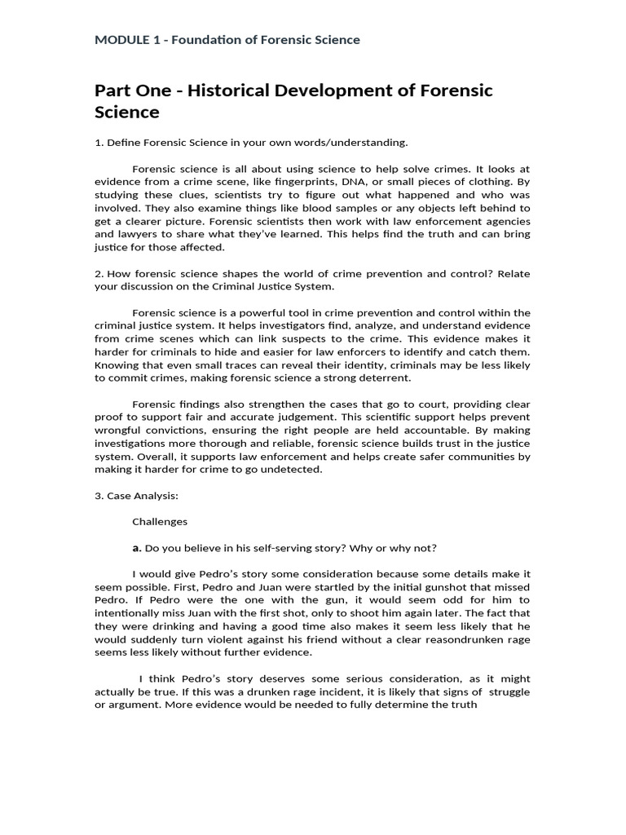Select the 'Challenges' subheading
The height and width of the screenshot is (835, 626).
click(160, 521)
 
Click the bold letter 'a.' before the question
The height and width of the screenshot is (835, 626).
click(137, 547)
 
